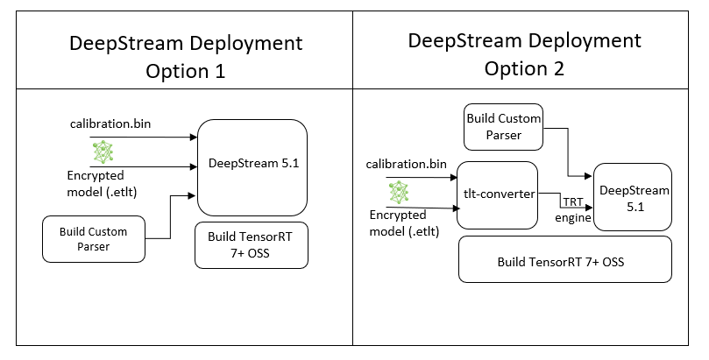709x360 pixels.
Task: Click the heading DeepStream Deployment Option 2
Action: point(525,54)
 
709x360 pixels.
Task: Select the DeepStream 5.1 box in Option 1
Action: point(252,166)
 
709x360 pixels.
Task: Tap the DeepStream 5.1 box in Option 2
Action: point(627,198)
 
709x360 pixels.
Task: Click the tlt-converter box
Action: point(496,195)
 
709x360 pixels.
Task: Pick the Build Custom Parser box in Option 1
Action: point(93,239)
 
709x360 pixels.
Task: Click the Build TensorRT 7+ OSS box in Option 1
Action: point(252,244)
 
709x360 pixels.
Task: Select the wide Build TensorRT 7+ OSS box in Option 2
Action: point(564,261)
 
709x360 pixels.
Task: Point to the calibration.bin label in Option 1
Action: point(110,123)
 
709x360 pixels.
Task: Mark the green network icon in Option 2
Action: point(399,192)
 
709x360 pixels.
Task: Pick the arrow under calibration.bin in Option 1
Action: point(131,138)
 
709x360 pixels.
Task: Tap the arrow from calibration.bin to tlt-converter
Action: point(412,178)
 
